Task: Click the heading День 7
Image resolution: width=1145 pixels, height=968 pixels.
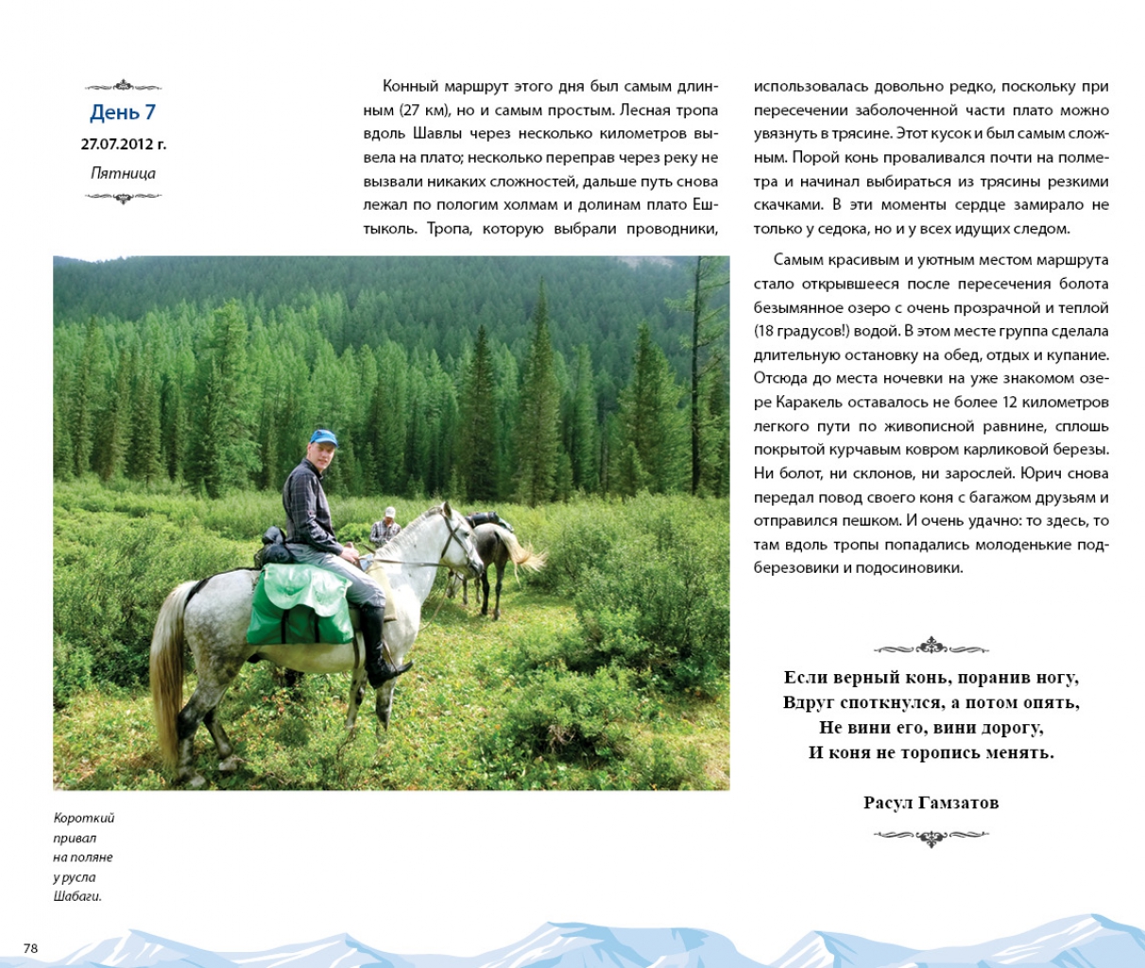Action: coord(123,112)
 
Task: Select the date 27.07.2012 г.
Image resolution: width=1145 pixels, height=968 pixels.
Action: coord(123,145)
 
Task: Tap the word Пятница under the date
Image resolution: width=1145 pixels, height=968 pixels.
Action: coord(123,173)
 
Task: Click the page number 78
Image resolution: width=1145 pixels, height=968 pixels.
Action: coord(30,948)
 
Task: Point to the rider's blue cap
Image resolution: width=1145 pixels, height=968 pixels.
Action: coord(323,438)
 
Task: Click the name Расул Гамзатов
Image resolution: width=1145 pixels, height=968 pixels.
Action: coord(931,803)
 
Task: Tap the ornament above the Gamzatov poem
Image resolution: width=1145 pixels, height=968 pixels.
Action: coord(931,648)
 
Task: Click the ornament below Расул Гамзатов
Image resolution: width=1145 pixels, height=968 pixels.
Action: coord(931,837)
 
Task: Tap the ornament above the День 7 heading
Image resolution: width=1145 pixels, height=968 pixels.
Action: coord(123,86)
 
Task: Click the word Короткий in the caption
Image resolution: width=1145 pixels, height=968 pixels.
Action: coord(84,819)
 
